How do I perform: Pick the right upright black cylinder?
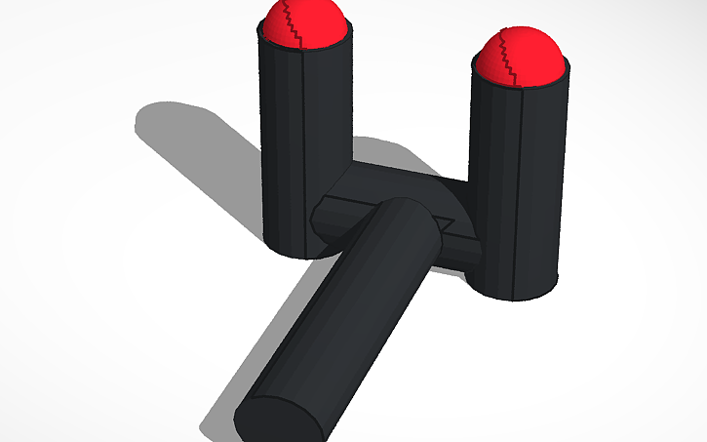pyautogui.click(x=515, y=185)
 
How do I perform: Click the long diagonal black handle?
pyautogui.click(x=341, y=312)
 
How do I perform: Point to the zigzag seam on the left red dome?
pyautogui.click(x=292, y=23)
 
